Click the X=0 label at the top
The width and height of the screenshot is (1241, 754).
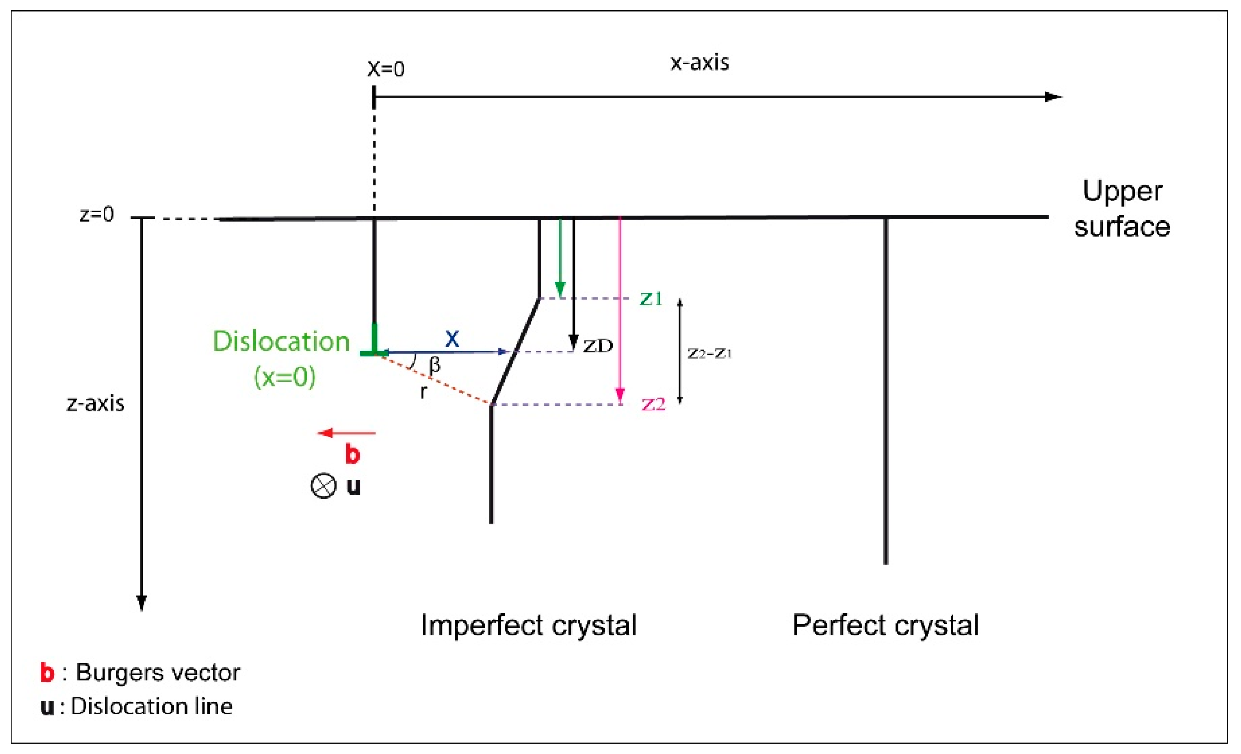(385, 69)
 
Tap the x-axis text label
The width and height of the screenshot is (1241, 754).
(700, 62)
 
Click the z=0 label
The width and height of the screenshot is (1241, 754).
(97, 215)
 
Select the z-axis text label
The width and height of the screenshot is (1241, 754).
(95, 404)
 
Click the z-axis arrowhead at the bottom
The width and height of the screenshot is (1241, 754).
(142, 602)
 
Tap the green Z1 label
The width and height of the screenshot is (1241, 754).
(651, 299)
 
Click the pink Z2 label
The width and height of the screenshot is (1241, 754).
(654, 405)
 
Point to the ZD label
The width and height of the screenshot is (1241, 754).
(598, 346)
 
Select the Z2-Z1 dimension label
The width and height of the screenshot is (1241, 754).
(709, 354)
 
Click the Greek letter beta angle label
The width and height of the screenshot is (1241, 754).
(435, 365)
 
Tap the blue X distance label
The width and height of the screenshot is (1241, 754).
(452, 339)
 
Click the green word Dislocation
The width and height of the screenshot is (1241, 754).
(281, 342)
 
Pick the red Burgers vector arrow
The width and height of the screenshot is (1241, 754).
(346, 433)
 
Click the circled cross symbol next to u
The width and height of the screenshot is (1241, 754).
(324, 486)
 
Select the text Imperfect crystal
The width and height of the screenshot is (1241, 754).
(529, 625)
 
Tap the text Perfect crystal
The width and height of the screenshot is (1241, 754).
(885, 625)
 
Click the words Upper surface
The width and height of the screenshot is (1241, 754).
(1122, 209)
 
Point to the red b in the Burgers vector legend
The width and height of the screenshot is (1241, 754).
(47, 673)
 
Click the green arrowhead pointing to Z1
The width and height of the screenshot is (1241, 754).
(560, 290)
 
